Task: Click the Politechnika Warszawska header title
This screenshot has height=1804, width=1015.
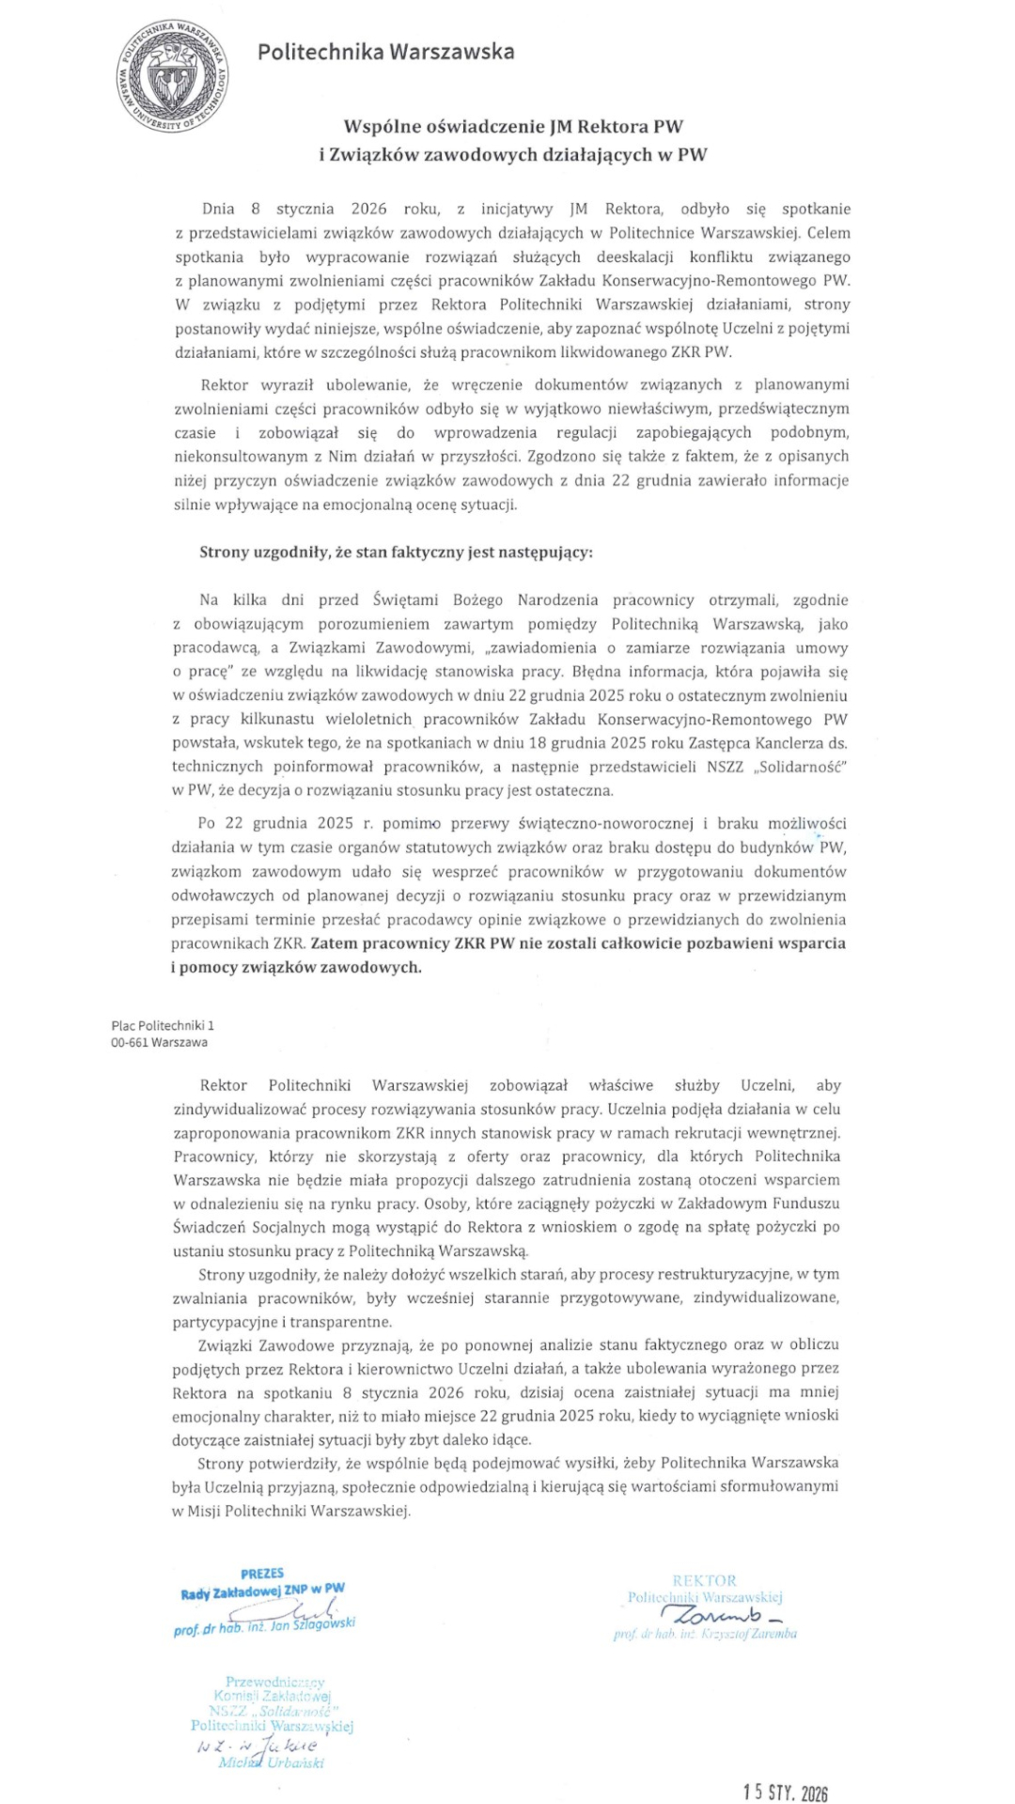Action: coord(385,52)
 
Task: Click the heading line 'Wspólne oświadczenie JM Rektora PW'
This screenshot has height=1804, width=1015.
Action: coord(513,126)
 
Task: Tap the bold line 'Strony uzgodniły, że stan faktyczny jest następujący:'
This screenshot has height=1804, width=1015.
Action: coord(396,552)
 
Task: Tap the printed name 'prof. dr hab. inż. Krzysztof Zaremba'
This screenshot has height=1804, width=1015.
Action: coord(705,1634)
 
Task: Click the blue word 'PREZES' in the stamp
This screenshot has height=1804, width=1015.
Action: coord(262,1573)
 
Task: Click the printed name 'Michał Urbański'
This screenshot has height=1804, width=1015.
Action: coord(271,1763)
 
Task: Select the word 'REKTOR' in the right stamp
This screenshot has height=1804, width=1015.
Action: coord(704,1580)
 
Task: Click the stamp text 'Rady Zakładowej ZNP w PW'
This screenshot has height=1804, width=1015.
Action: coord(263,1591)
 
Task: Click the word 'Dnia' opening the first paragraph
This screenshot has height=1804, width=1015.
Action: coord(218,209)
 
